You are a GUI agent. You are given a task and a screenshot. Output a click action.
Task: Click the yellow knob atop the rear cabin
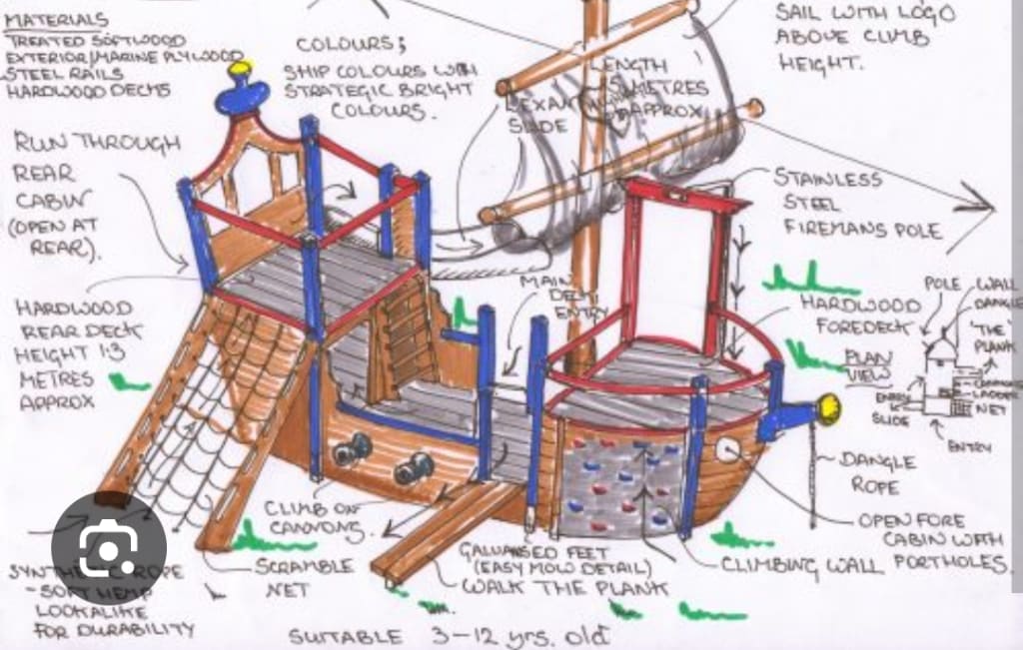tap(240, 69)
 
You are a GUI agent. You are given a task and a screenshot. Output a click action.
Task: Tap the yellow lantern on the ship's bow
tap(827, 407)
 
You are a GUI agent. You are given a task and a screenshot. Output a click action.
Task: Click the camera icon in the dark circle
tap(109, 544)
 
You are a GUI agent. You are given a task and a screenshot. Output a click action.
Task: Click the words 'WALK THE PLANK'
tap(563, 586)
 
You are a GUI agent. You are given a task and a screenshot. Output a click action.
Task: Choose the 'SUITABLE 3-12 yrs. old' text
tap(441, 634)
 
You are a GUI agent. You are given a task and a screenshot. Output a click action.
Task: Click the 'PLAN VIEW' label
tap(867, 364)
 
